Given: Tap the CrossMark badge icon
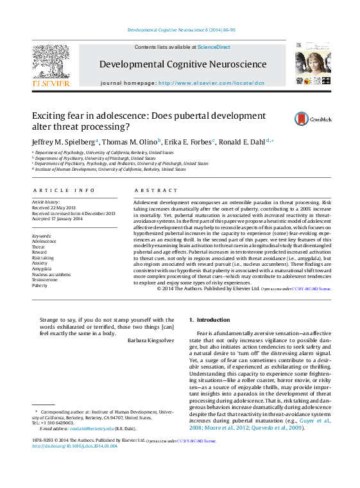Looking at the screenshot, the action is [x=284, y=119].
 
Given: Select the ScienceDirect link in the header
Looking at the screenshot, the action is [x=214, y=48].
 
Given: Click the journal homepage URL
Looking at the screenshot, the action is [x=211, y=83].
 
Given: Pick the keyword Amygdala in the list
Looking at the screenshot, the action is [x=42, y=269].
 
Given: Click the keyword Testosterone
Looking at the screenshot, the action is [x=45, y=279].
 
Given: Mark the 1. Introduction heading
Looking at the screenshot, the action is [x=209, y=320].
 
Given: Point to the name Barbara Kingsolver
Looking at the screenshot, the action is [x=150, y=340].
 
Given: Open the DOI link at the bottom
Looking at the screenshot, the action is [x=74, y=464].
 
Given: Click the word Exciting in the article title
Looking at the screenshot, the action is [x=50, y=116].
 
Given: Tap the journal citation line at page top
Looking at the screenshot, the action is [x=182, y=30].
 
